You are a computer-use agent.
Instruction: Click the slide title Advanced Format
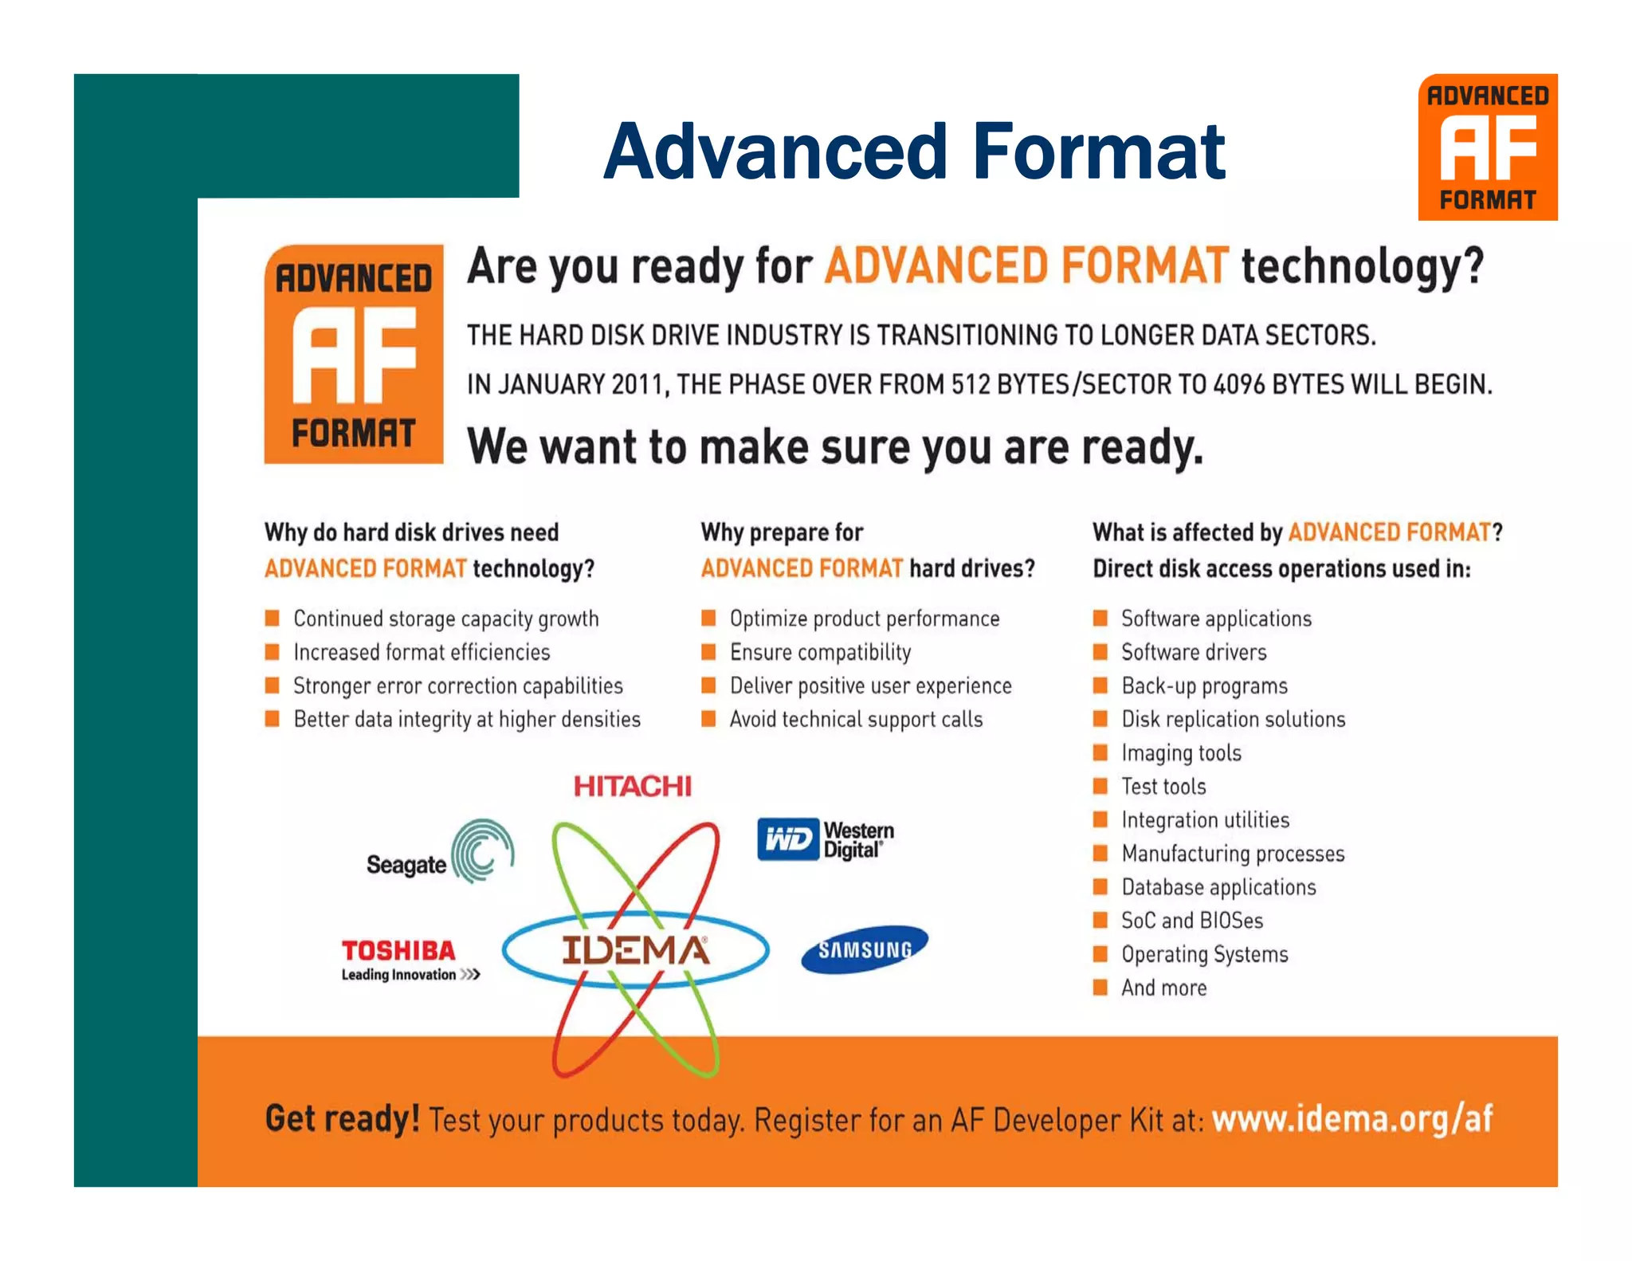coord(914,151)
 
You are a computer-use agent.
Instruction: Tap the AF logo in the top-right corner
coord(1487,147)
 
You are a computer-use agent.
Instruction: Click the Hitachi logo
coord(633,787)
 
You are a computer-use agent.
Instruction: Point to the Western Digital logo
coord(826,840)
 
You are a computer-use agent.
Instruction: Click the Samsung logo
coord(865,949)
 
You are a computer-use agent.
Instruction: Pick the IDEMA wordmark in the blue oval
coord(635,950)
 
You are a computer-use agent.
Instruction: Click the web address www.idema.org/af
coord(1352,1119)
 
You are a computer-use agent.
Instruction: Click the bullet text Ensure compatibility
coord(820,653)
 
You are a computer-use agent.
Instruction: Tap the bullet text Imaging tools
coord(1181,753)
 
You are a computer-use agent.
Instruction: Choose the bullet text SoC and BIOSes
coord(1192,921)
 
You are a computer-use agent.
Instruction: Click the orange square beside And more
coord(1100,988)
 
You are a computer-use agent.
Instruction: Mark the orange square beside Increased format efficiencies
coord(273,653)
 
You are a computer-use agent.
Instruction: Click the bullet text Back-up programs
coord(1204,686)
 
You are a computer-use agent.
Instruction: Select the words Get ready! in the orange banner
coord(343,1119)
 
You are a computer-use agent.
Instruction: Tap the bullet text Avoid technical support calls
coord(856,720)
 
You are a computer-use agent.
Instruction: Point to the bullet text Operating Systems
coord(1204,955)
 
